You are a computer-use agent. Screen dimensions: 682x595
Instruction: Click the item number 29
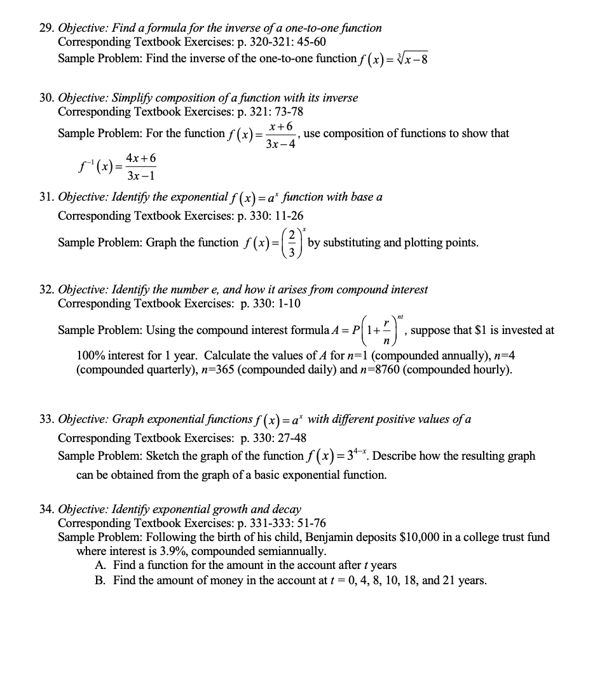(x=46, y=28)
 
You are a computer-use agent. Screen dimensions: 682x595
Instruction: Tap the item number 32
(x=46, y=290)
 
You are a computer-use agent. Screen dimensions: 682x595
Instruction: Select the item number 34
(x=46, y=509)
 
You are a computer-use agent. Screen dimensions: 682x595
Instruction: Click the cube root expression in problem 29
(x=412, y=58)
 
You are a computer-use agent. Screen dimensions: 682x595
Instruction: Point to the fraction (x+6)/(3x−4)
(x=280, y=135)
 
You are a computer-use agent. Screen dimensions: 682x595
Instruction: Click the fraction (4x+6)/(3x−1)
(x=141, y=166)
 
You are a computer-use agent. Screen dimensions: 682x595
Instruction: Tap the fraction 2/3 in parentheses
(x=291, y=243)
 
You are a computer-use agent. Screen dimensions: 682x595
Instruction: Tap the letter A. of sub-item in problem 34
(x=100, y=565)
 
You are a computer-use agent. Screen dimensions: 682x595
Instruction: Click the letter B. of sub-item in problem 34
(x=100, y=580)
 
